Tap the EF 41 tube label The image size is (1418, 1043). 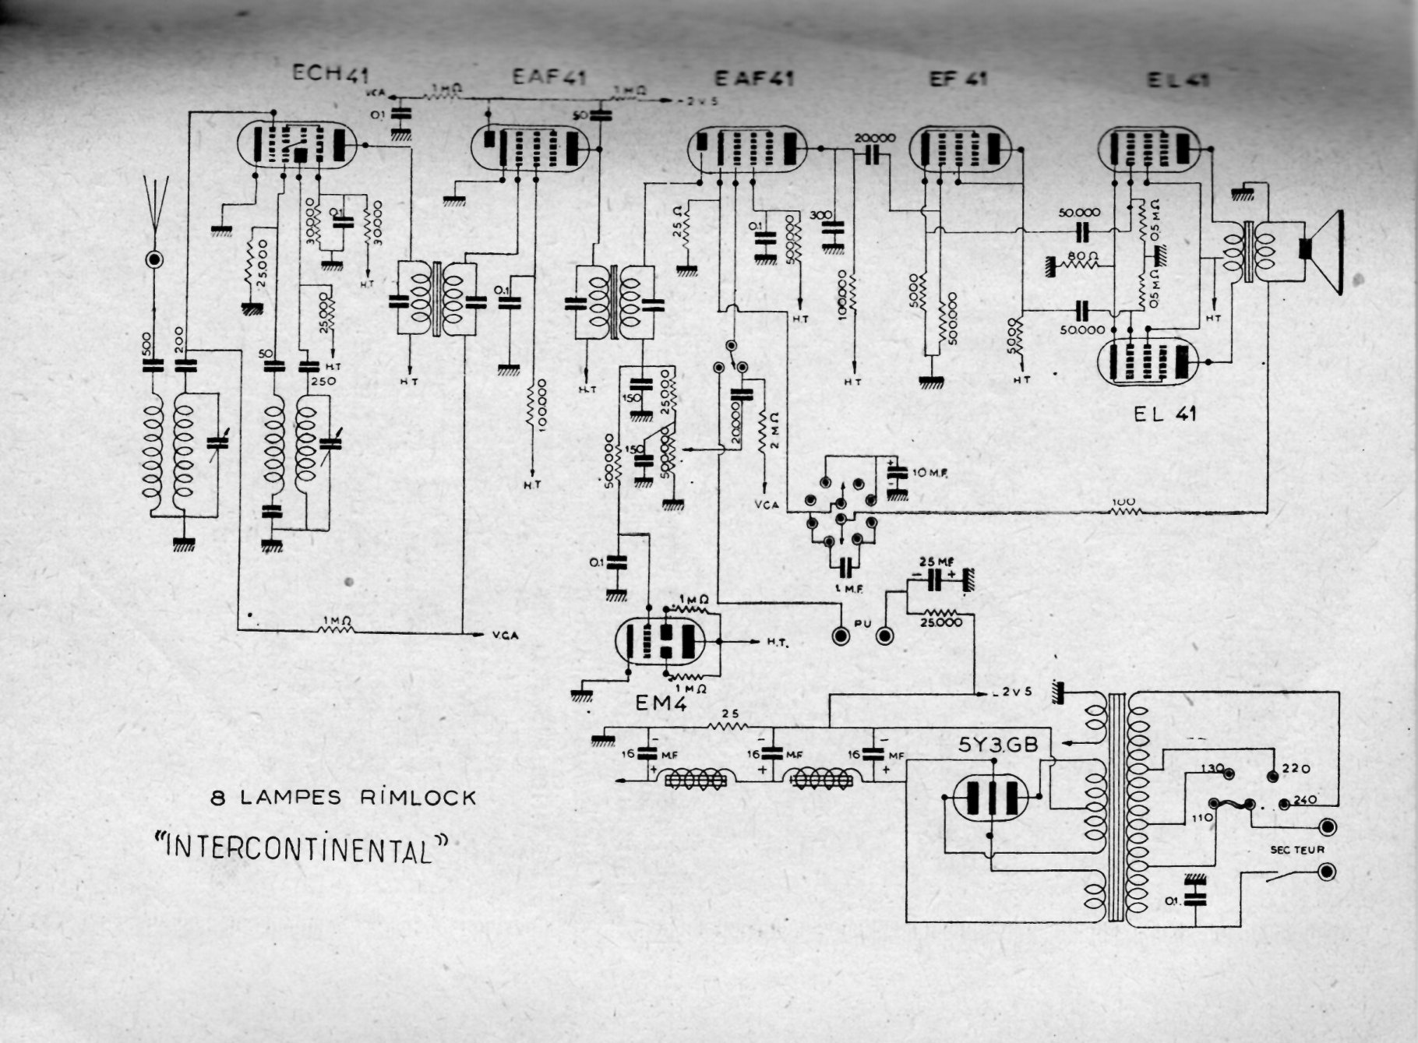tap(958, 79)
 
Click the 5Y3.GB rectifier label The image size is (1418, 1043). tap(999, 744)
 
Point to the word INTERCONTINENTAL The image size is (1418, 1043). tap(303, 847)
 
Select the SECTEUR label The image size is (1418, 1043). tap(1297, 850)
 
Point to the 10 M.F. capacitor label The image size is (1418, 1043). tap(927, 473)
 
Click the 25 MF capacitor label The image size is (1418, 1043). tap(932, 561)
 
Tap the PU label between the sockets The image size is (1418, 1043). tap(862, 623)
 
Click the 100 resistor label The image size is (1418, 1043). tap(1124, 502)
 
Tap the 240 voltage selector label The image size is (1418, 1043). tap(1305, 800)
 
